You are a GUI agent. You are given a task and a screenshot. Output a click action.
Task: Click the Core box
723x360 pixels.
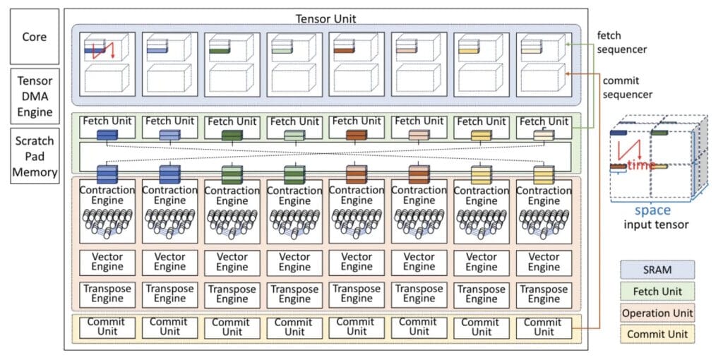34,35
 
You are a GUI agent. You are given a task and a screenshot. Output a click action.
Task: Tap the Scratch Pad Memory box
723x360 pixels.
34,155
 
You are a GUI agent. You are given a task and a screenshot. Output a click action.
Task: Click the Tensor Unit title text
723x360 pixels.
325,18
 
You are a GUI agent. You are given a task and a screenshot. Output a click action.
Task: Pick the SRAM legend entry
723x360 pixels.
657,270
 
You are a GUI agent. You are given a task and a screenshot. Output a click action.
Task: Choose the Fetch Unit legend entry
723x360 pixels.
657,291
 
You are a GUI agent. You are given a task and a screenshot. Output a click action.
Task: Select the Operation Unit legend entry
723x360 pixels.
657,312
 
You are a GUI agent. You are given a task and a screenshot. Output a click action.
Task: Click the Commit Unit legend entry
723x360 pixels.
657,333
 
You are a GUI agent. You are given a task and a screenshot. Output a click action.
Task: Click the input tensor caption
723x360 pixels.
656,224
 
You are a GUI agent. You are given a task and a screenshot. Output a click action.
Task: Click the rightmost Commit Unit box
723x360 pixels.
544,328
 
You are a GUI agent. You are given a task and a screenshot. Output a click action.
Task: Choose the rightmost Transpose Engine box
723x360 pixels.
544,294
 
